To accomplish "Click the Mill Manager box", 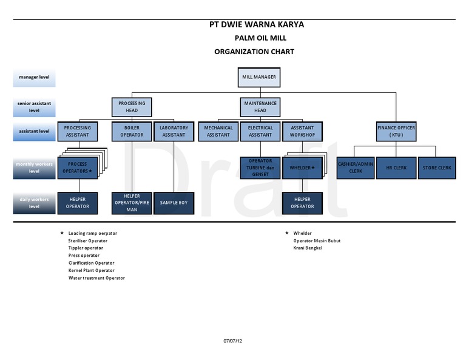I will (x=259, y=78).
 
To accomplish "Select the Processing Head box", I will (x=132, y=107).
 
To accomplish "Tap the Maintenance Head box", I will (x=260, y=107).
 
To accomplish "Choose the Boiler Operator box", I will (x=132, y=131).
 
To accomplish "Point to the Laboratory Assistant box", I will (x=174, y=131).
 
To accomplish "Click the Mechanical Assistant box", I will (x=218, y=131).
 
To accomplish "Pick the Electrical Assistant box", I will (x=260, y=131).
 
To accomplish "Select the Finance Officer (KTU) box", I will (x=396, y=131).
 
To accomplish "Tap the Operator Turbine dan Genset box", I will (x=260, y=168).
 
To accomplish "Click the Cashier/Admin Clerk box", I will (x=356, y=168).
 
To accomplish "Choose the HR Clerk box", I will (x=396, y=168).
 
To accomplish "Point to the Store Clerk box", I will (x=437, y=168).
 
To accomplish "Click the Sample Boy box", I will (x=174, y=203).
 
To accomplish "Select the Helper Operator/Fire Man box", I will (x=132, y=203).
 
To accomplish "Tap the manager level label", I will (x=34, y=78).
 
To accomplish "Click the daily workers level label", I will (x=34, y=203).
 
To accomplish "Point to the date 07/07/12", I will (x=232, y=341).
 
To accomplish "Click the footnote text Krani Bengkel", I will (x=307, y=248).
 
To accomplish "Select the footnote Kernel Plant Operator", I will (x=91, y=270).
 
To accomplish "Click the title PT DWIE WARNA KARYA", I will (x=257, y=25).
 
